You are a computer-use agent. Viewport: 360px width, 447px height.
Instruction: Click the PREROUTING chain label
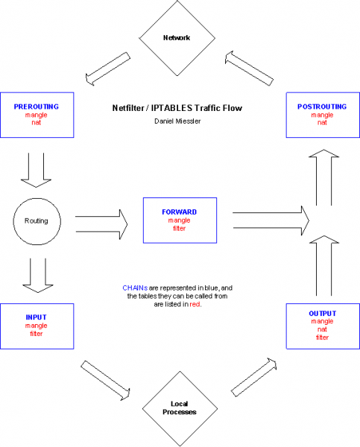point(37,107)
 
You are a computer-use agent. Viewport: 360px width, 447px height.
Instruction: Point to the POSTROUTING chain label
point(322,107)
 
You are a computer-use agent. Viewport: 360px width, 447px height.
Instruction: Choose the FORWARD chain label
point(180,212)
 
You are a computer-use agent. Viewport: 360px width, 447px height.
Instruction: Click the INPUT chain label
point(36,317)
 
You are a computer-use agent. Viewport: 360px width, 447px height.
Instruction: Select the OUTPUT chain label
point(322,314)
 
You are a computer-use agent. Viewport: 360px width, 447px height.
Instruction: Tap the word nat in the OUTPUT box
point(322,329)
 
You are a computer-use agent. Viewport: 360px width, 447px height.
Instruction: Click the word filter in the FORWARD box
point(180,229)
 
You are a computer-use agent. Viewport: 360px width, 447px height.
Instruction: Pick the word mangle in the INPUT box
point(37,326)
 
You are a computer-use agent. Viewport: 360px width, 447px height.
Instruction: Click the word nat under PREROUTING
point(37,123)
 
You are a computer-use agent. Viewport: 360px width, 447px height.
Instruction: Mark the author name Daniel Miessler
point(177,121)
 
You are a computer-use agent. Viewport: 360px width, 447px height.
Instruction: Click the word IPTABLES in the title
point(171,108)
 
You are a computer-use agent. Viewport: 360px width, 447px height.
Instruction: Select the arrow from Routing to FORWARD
point(101,224)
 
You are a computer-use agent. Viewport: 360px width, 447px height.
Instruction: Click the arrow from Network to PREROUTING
point(108,69)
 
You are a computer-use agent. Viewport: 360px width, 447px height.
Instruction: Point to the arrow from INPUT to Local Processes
point(106,380)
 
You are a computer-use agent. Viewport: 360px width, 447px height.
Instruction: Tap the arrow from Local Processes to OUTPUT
point(253,377)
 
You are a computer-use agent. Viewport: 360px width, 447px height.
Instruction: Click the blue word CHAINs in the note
point(135,288)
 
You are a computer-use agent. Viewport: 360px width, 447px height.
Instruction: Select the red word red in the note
point(195,305)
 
